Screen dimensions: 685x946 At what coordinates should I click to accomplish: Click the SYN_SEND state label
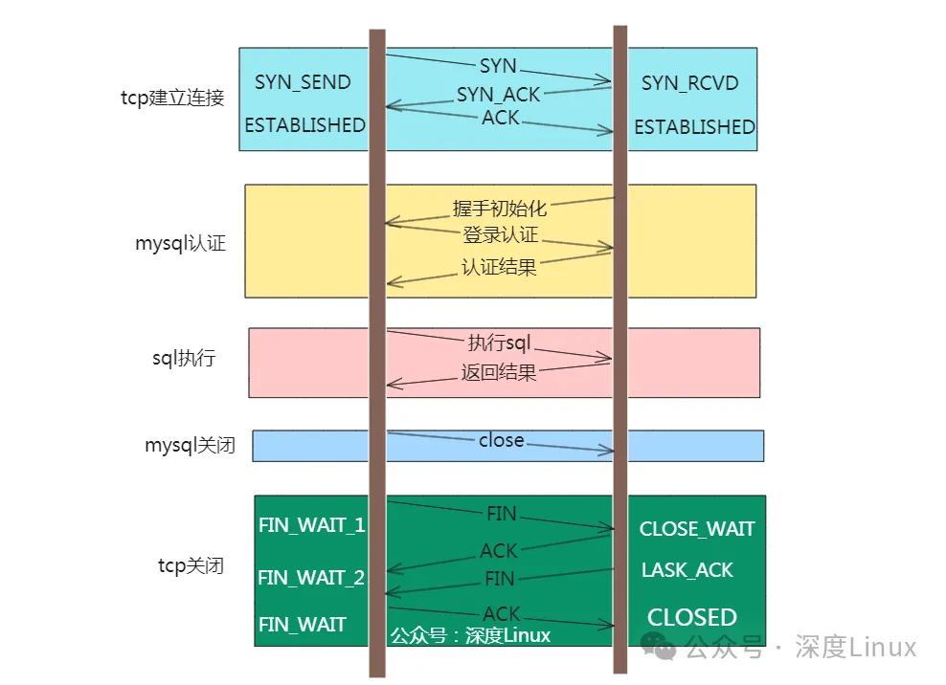[303, 82]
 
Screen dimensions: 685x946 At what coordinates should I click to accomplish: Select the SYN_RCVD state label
[689, 83]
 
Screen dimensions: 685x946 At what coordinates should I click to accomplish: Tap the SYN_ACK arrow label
[498, 95]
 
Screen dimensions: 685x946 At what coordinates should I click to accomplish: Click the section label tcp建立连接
[172, 99]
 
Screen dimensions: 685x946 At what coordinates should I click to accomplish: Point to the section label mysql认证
[180, 243]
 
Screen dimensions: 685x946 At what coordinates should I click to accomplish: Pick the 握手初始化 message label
[498, 209]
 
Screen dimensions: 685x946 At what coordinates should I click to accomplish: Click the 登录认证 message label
[501, 235]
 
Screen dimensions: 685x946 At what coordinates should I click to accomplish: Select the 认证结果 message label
[499, 267]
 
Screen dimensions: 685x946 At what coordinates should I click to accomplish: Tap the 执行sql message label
[499, 342]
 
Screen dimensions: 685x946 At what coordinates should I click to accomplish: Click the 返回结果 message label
[499, 372]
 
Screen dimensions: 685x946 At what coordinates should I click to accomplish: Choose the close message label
[501, 440]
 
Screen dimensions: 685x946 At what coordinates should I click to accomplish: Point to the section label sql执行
[184, 359]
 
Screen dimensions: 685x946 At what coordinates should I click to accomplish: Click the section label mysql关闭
[190, 445]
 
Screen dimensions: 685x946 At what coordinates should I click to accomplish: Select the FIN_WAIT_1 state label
[311, 525]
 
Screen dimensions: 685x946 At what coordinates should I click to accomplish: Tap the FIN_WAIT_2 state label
[311, 578]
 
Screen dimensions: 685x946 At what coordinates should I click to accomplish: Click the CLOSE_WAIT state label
[696, 529]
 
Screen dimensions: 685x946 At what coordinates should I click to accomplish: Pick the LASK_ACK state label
[687, 570]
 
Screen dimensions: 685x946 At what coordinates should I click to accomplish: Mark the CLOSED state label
[691, 617]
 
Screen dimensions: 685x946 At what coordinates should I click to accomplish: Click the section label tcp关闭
[191, 565]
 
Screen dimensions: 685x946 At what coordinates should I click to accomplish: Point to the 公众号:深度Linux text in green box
[470, 635]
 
